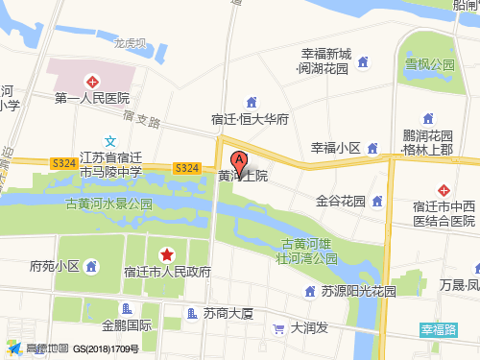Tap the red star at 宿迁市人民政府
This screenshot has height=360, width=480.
point(167,254)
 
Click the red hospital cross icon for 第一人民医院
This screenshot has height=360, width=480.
point(92,82)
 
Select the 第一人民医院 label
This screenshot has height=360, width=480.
point(92,98)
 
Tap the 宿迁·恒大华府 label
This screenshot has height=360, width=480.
point(251,120)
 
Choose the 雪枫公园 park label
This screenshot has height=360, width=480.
point(428,65)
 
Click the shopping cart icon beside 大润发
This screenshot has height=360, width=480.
point(278,328)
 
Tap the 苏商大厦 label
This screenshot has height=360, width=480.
point(228,313)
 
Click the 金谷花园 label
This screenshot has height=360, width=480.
point(341,202)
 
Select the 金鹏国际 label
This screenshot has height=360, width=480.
point(127,324)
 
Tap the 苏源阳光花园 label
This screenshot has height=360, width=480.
point(358,291)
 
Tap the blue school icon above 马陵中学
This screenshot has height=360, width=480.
point(110,140)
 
